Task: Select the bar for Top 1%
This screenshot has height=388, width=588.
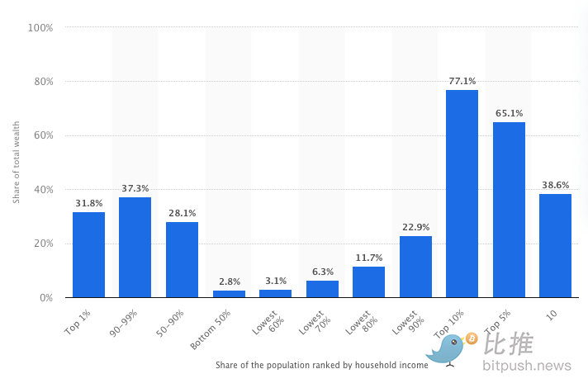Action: (x=88, y=254)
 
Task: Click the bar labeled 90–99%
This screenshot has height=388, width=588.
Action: (x=135, y=247)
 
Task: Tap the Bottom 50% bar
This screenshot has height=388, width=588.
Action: (x=229, y=293)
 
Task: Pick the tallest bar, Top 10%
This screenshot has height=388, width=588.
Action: (x=462, y=193)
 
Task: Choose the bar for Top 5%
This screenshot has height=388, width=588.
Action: (x=509, y=210)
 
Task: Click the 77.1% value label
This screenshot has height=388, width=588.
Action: (x=462, y=81)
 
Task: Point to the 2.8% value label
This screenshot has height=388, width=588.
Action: (x=229, y=282)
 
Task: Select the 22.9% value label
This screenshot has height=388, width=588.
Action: (x=415, y=228)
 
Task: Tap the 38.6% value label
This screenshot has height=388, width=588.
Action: (x=555, y=185)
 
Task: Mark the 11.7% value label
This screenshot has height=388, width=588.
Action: (x=368, y=258)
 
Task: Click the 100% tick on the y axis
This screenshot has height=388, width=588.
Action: (x=40, y=27)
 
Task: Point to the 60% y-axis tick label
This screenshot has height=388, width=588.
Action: (x=42, y=135)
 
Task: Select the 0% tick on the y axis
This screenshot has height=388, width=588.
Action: (x=45, y=297)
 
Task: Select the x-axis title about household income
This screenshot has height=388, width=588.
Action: (x=321, y=365)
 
